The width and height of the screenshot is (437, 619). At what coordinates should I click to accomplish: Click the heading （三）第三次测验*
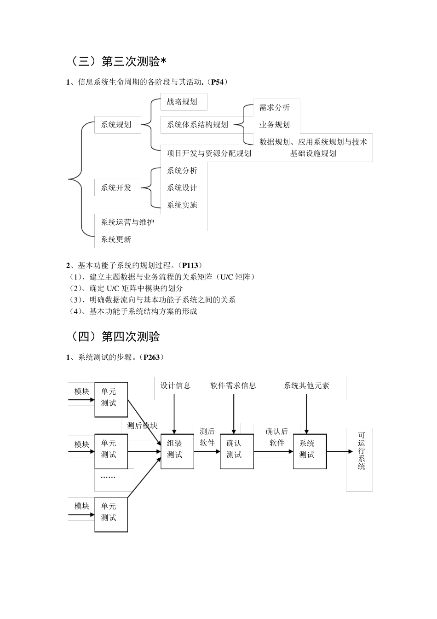click(117, 61)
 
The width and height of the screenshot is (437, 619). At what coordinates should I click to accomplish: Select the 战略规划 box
click(182, 102)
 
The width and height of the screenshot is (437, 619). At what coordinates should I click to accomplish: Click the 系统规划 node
click(116, 124)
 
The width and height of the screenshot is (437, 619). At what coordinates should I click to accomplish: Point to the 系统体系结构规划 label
click(197, 124)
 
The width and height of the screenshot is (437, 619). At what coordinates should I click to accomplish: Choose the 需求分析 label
click(275, 108)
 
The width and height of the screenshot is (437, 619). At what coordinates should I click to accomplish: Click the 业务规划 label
click(275, 124)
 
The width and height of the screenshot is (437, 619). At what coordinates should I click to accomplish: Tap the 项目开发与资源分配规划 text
click(209, 153)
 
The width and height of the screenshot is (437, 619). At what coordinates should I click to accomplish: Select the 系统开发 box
click(116, 188)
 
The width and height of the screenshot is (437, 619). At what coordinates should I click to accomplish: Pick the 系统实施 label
click(182, 205)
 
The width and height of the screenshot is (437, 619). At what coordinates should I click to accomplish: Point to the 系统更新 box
click(116, 239)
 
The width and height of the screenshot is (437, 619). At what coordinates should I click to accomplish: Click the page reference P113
click(190, 265)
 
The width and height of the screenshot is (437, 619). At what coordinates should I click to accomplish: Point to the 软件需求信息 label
click(233, 385)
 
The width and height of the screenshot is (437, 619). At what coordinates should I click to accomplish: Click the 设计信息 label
click(175, 385)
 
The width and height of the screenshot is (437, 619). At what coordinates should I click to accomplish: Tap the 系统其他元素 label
click(306, 385)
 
